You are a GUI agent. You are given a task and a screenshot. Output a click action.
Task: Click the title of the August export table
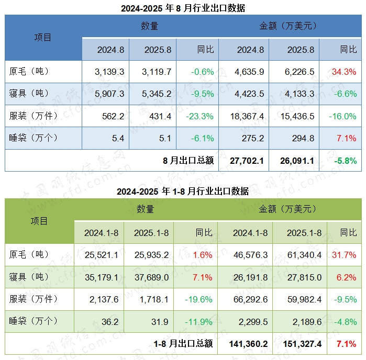point(183,8)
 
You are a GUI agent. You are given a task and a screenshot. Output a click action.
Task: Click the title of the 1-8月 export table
point(183,192)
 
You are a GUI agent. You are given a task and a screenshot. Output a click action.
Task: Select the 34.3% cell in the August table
point(345,72)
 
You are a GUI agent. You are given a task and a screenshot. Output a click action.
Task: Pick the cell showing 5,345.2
point(157,94)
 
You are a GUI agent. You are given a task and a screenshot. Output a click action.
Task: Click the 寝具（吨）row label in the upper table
point(29,94)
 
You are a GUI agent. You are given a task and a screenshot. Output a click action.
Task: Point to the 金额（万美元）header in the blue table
point(287,26)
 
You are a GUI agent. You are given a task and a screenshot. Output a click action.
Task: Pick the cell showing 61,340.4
point(300,255)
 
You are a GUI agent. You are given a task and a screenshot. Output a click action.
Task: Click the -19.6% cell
point(199,299)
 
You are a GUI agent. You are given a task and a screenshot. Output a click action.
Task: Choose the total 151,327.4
point(300,344)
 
